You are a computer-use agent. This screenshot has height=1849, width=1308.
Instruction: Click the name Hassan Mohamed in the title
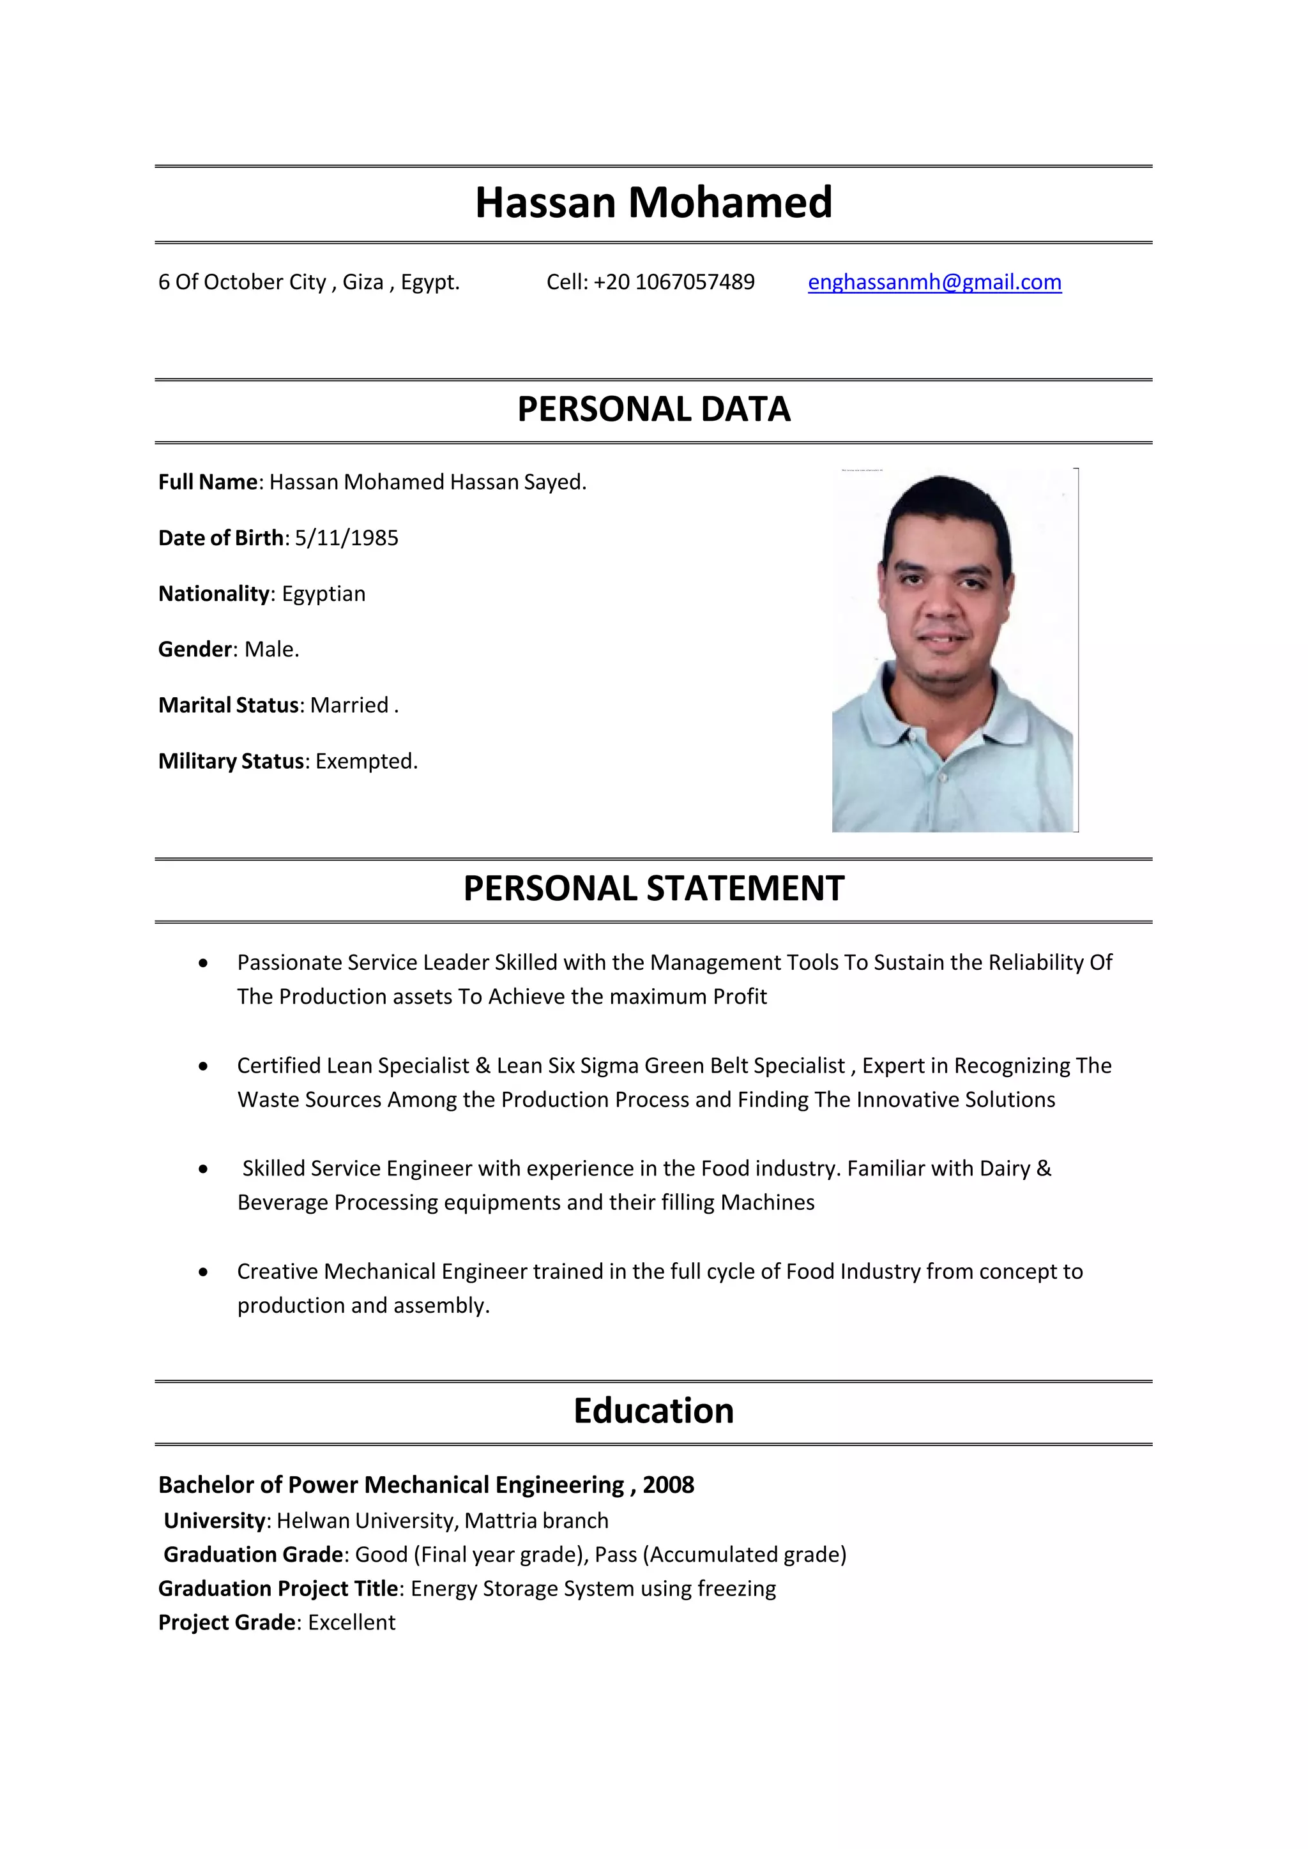pyautogui.click(x=653, y=202)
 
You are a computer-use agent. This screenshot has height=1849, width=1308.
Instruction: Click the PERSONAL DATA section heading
pyautogui.click(x=653, y=409)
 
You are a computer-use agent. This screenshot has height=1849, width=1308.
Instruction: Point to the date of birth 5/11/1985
pyautogui.click(x=346, y=538)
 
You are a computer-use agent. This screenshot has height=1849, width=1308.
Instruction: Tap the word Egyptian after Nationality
pyautogui.click(x=323, y=594)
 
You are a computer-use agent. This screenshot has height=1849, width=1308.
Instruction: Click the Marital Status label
pyautogui.click(x=229, y=706)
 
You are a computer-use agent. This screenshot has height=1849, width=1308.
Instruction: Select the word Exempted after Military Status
pyautogui.click(x=366, y=761)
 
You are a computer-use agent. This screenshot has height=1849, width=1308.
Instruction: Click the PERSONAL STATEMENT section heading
pyautogui.click(x=653, y=888)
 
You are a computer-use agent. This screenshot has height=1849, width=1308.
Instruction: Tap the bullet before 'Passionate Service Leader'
pyautogui.click(x=203, y=963)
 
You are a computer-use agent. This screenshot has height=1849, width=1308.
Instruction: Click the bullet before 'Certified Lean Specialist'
pyautogui.click(x=203, y=1066)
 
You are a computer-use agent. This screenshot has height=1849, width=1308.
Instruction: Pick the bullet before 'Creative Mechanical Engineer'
pyautogui.click(x=203, y=1272)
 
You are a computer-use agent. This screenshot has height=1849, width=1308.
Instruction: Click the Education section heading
pyautogui.click(x=653, y=1411)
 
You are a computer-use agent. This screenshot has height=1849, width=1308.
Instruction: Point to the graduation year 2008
pyautogui.click(x=667, y=1485)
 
